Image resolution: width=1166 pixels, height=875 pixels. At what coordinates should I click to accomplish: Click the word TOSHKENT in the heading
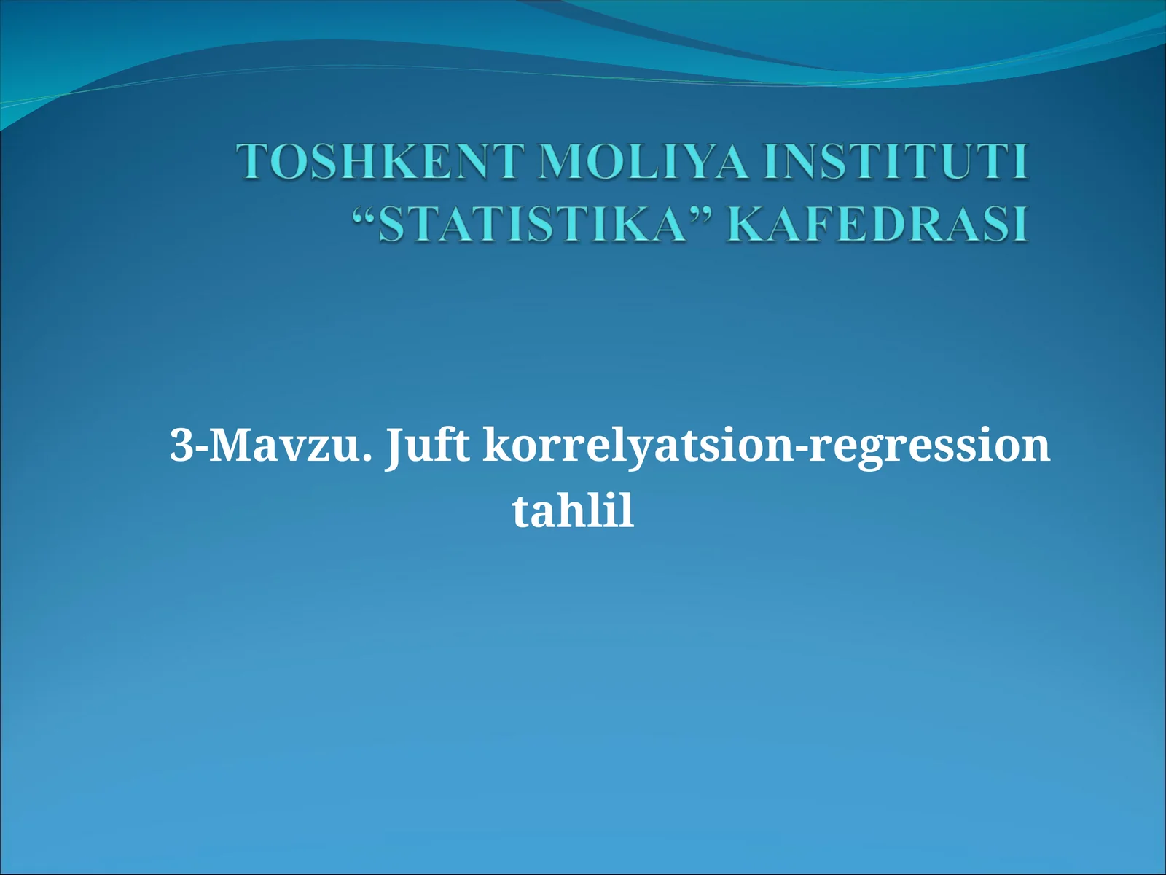tap(379, 162)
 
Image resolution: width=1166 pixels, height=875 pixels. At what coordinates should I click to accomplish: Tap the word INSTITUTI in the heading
tap(896, 162)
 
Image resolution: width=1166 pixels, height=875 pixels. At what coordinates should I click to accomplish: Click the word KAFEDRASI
tap(878, 224)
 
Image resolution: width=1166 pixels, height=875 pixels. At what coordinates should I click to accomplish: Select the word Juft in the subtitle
tap(428, 446)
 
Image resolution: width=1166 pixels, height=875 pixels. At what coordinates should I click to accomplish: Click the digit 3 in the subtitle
tap(180, 445)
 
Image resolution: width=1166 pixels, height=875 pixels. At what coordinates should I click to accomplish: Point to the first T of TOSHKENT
tap(251, 162)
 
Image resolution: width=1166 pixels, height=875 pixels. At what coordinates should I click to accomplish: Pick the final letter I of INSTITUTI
tap(1021, 162)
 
